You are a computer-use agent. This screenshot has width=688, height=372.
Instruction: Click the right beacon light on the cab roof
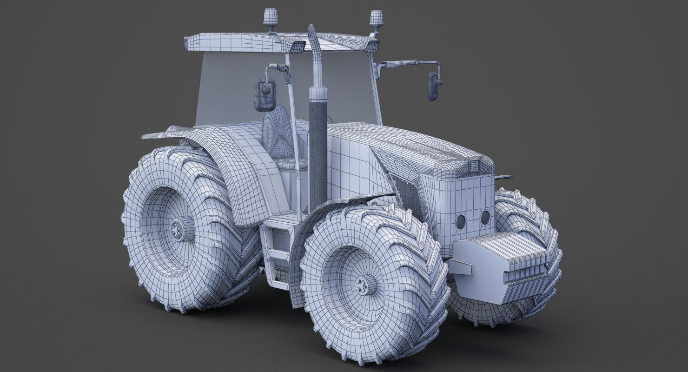376,18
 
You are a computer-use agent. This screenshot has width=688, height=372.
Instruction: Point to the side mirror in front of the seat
265,95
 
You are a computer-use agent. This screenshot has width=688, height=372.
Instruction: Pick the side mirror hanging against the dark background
434,86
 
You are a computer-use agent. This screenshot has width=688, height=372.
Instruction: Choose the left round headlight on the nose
461,221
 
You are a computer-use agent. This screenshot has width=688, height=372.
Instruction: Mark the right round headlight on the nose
485,217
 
